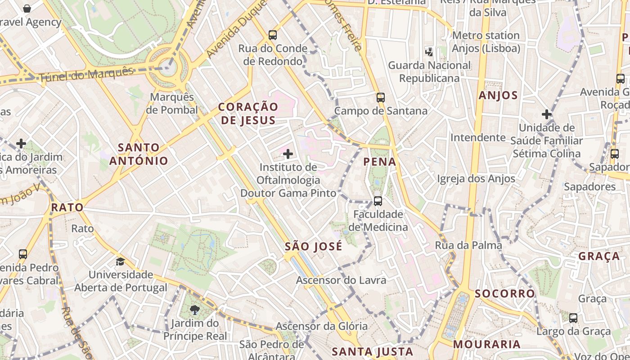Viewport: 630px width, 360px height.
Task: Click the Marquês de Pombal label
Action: coord(172,103)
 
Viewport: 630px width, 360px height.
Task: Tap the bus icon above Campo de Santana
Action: coord(381,97)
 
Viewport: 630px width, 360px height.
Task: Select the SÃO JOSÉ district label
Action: coord(314,247)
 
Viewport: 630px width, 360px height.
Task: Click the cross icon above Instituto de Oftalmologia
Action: coord(288,154)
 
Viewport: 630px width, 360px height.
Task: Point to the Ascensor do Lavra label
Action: coord(341,280)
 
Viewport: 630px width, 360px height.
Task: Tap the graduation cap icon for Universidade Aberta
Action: coord(120,261)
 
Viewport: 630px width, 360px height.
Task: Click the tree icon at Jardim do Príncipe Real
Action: coord(195,310)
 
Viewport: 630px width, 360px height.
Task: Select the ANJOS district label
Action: coord(498,95)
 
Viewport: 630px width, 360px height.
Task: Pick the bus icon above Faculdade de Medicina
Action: coord(378,201)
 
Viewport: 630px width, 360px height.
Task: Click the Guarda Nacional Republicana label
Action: coord(429,72)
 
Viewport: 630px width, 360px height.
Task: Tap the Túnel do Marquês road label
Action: coord(87,75)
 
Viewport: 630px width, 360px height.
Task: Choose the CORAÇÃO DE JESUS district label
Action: coord(248,113)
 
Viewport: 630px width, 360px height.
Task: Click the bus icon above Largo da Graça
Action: coord(573,318)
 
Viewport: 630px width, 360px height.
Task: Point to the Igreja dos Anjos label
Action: coord(476,179)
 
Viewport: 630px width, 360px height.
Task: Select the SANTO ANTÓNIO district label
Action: coord(139,154)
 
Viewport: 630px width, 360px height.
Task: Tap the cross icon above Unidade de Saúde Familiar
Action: coord(547,114)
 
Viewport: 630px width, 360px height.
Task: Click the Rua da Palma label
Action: coord(468,245)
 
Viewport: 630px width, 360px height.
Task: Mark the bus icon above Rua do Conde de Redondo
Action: coord(273,35)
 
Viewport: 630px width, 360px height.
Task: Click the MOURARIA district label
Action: coord(486,344)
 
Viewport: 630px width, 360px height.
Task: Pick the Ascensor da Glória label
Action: coord(322,326)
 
